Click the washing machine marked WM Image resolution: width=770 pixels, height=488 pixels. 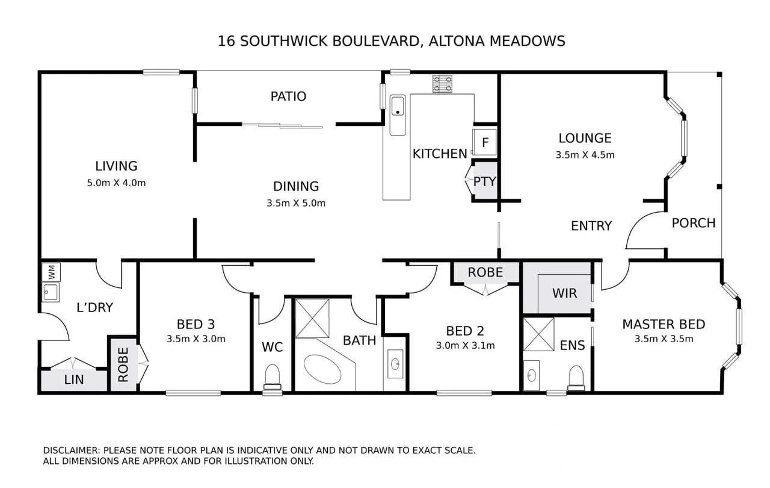click(50, 272)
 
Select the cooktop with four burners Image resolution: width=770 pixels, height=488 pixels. click(443, 83)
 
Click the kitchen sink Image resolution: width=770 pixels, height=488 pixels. click(398, 107)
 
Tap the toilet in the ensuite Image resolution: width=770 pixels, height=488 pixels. click(576, 377)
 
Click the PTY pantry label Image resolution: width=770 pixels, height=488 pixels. click(484, 181)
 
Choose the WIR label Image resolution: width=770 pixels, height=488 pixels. click(564, 293)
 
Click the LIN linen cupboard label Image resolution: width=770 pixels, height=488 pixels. click(74, 380)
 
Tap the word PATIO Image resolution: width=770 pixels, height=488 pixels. click(288, 96)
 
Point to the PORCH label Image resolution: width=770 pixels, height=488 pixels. click(694, 223)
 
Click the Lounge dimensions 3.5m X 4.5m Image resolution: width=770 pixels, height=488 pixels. click(585, 155)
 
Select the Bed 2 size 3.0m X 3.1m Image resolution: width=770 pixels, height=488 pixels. click(465, 345)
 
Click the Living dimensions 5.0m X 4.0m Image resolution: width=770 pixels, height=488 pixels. click(116, 183)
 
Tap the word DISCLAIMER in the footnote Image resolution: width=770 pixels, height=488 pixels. click(72, 450)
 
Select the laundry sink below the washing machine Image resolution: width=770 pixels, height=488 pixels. click(50, 293)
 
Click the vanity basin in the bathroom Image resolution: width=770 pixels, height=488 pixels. click(395, 364)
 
